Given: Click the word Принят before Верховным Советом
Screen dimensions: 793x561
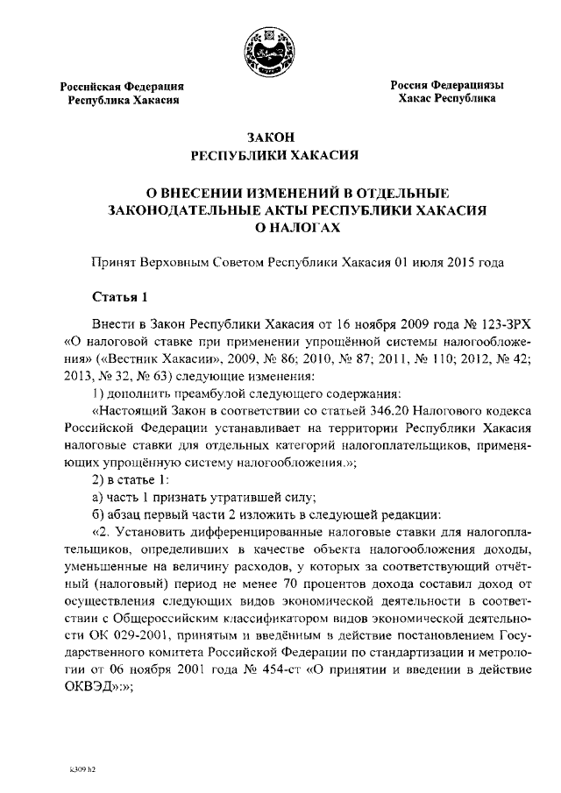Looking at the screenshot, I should [x=115, y=261].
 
